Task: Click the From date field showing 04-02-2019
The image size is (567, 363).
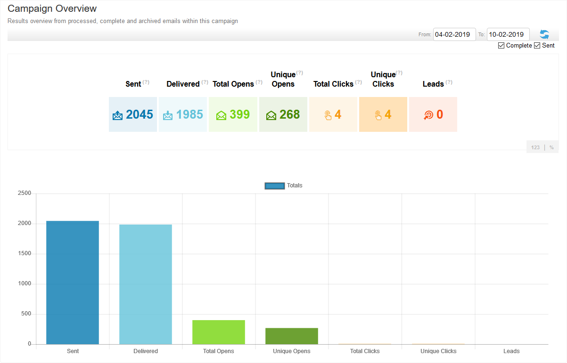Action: (x=454, y=34)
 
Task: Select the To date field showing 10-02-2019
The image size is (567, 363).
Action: (x=508, y=34)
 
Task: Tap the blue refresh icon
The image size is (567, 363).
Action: (x=544, y=34)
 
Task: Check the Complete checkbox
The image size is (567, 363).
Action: (x=501, y=46)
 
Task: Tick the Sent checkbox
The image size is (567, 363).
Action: (x=537, y=46)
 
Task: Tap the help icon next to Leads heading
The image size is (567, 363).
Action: (x=449, y=82)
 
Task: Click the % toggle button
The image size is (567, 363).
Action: (x=551, y=147)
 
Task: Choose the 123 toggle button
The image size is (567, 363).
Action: (x=535, y=147)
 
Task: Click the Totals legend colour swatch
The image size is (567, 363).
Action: (x=274, y=186)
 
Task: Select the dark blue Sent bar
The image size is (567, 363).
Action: (x=73, y=282)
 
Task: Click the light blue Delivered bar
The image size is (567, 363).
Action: (x=146, y=284)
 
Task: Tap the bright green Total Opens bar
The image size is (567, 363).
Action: (x=219, y=332)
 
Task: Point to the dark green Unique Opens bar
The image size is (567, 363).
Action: (x=292, y=336)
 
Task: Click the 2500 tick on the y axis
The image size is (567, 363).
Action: (x=24, y=194)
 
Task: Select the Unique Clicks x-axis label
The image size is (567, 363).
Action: (x=438, y=351)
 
